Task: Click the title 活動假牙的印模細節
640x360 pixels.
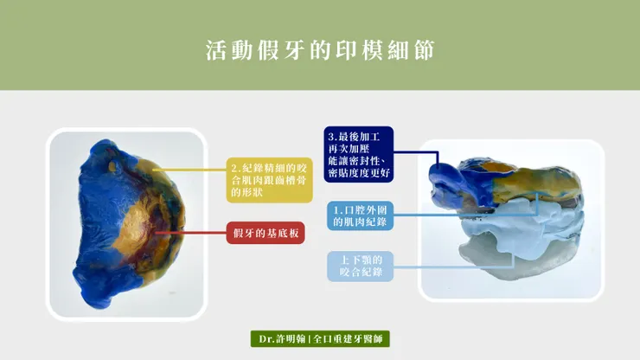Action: click(320, 48)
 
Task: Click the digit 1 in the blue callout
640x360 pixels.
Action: click(335, 210)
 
